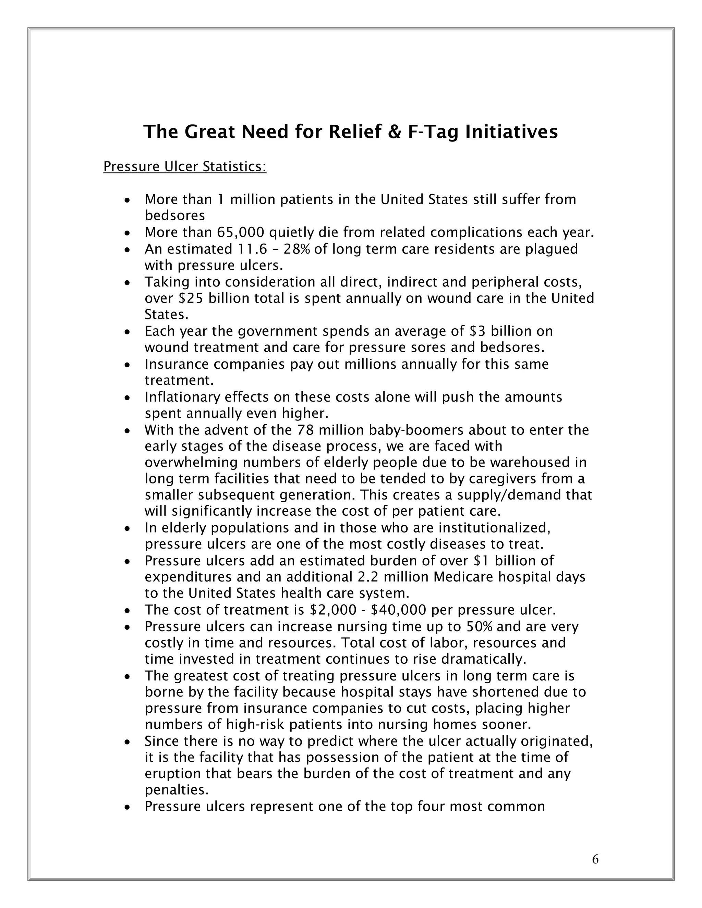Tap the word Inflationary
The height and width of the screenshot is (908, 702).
click(x=182, y=397)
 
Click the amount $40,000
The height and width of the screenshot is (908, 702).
click(x=399, y=610)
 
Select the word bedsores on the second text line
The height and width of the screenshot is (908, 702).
click(x=175, y=216)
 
